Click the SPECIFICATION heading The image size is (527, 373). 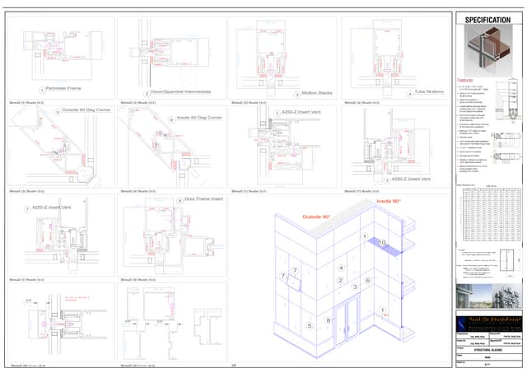[487, 20]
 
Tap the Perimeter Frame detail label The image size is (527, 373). [64, 87]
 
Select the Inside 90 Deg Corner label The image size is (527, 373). [200, 118]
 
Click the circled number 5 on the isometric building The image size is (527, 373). [310, 326]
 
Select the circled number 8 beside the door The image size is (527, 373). [329, 320]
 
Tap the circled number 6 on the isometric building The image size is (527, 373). [367, 281]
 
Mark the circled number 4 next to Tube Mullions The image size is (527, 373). [408, 94]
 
